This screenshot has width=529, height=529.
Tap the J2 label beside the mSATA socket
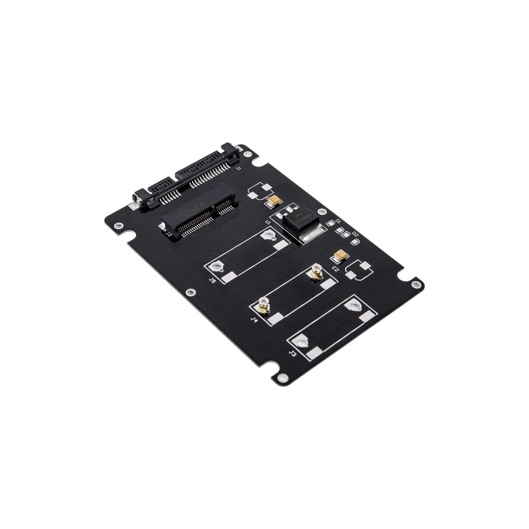click(x=169, y=234)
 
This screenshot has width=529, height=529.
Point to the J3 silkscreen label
click(x=292, y=354)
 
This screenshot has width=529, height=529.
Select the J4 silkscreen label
click(x=253, y=320)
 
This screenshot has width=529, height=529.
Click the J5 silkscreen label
click(x=212, y=281)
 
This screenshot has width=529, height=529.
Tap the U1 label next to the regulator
click(x=268, y=222)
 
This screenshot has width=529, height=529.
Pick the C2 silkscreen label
click(x=335, y=269)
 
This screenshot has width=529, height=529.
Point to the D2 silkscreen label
click(x=355, y=235)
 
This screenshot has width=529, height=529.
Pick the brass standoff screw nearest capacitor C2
click(x=315, y=273)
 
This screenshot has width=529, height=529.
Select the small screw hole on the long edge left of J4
click(x=191, y=292)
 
